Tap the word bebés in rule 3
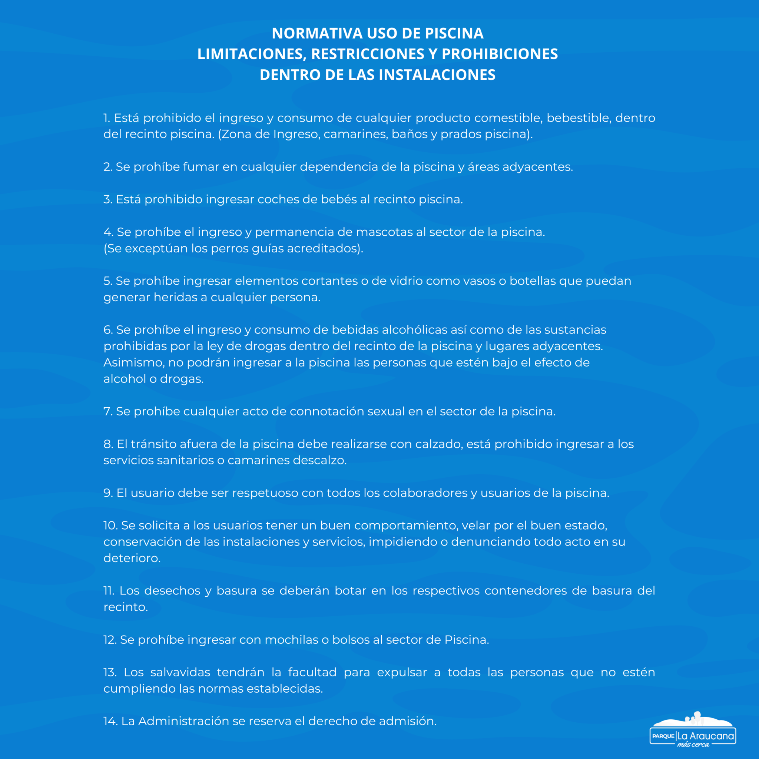pos(338,200)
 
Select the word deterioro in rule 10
pos(132,558)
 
